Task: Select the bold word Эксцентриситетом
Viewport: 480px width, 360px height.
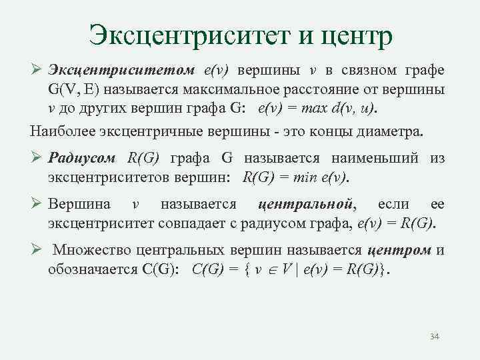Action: click(x=121, y=71)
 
